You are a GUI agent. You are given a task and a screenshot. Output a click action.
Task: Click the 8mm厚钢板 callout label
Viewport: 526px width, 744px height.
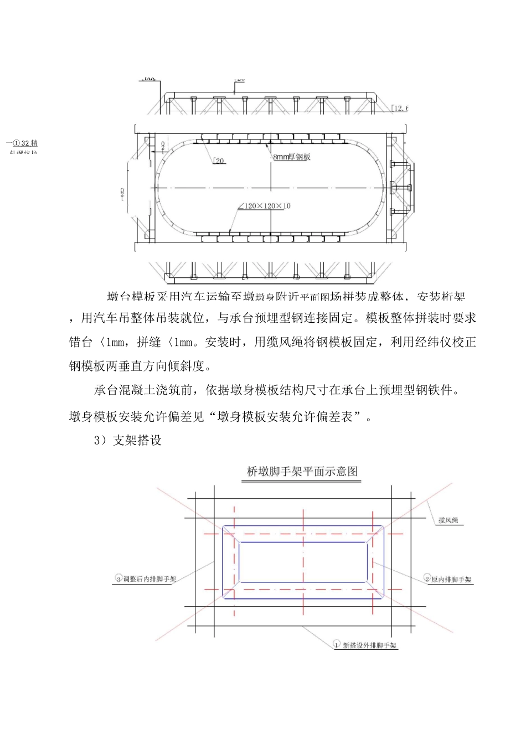292,157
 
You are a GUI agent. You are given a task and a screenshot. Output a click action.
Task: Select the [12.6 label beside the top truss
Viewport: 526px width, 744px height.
399,108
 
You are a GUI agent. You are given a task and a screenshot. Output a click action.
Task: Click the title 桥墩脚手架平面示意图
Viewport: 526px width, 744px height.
302,472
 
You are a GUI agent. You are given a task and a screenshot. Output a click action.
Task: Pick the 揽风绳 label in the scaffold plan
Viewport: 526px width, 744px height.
448,520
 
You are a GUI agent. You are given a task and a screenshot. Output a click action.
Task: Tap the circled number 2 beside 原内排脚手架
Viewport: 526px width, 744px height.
427,579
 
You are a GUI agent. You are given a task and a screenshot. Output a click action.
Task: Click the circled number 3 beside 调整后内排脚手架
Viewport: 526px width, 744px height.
118,578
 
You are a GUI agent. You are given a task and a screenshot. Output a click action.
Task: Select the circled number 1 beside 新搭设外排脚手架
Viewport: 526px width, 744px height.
337,644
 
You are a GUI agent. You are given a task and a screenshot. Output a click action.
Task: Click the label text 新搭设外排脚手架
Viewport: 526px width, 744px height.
370,645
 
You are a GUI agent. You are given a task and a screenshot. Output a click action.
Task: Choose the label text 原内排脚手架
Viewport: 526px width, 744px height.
452,580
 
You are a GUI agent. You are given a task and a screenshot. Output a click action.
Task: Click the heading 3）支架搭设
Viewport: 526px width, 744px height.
128,441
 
